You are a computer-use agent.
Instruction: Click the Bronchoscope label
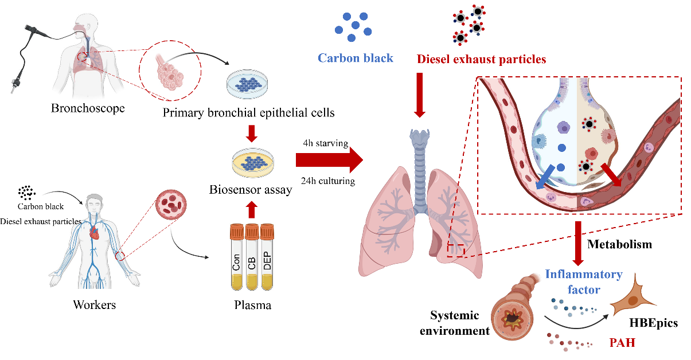click(87, 108)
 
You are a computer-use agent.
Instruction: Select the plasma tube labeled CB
click(252, 261)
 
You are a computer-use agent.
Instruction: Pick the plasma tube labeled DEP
click(268, 261)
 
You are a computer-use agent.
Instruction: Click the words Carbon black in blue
click(356, 58)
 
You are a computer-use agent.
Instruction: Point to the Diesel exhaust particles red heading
click(481, 58)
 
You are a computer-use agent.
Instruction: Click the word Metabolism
click(620, 244)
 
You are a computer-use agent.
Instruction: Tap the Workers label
click(95, 304)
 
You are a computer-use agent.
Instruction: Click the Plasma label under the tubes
click(252, 306)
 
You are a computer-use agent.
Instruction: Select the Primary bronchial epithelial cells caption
click(248, 112)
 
